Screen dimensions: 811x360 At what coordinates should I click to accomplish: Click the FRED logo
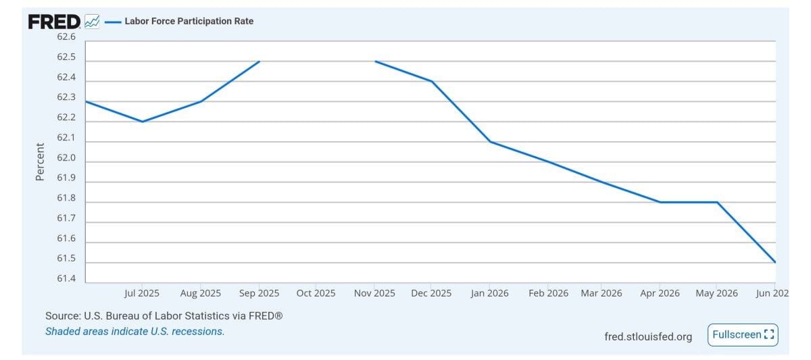click(x=54, y=22)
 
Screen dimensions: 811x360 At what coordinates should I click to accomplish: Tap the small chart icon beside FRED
click(x=92, y=22)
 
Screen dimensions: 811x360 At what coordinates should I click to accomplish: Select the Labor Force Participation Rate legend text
click(x=189, y=22)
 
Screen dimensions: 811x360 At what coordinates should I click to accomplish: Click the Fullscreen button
click(x=743, y=335)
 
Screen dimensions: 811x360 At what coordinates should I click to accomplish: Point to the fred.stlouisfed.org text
click(x=648, y=337)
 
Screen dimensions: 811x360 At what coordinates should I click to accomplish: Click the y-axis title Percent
click(x=40, y=161)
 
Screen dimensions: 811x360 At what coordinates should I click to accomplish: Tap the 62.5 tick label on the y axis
click(x=66, y=57)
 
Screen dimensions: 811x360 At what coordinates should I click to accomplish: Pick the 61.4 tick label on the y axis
click(x=66, y=278)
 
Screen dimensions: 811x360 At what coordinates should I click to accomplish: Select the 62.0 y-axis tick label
click(x=66, y=158)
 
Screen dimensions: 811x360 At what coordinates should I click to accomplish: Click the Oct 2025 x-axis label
click(x=316, y=293)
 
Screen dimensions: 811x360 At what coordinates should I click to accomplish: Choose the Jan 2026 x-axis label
click(x=489, y=293)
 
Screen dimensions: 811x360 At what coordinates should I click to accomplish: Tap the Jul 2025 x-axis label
click(x=141, y=293)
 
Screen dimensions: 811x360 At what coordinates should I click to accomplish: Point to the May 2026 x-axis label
click(x=716, y=293)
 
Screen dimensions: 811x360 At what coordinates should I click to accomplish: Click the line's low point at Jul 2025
click(x=143, y=122)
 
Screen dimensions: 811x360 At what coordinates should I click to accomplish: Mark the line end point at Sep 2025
click(x=260, y=61)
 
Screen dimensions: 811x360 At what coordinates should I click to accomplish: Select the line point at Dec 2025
click(x=432, y=82)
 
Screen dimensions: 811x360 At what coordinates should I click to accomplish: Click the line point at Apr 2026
click(x=660, y=202)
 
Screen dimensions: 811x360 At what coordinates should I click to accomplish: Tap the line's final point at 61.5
click(x=775, y=262)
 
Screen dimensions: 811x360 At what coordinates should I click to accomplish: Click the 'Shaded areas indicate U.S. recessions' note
click(x=134, y=332)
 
